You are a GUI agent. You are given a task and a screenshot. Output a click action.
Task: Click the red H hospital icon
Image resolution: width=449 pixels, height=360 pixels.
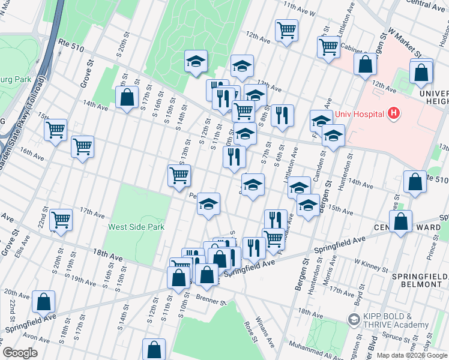tap(393, 112)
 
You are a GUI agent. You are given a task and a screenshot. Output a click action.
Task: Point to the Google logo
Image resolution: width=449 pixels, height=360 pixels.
tap(20, 353)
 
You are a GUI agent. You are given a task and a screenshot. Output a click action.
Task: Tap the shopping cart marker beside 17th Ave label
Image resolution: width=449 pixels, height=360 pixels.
tap(61, 220)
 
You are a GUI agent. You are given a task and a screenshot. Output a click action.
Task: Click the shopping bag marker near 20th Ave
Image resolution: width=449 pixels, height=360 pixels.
tap(44, 302)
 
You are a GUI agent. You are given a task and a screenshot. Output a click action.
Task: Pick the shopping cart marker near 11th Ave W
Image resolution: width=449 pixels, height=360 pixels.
tap(287, 29)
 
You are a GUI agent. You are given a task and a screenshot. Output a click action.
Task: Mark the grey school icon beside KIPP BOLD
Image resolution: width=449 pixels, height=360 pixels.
tap(354, 320)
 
